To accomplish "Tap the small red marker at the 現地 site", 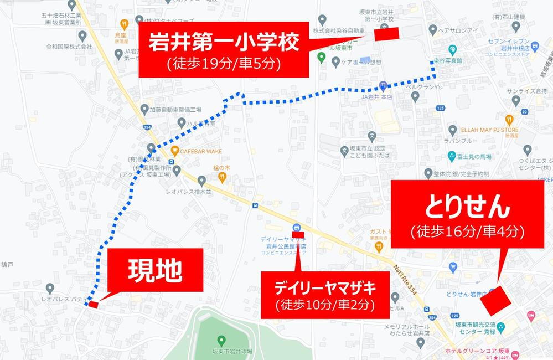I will pyautogui.click(x=93, y=304).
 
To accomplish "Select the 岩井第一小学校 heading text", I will pyautogui.click(x=224, y=43).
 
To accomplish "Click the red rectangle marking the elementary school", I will pyautogui.click(x=386, y=33).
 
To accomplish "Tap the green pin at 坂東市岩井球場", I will pyautogui.click(x=221, y=340).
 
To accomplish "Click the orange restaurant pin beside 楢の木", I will pyautogui.click(x=222, y=177).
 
